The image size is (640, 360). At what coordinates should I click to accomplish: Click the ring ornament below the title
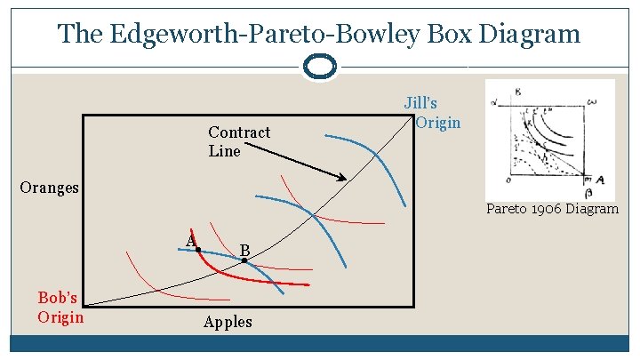pyautogui.click(x=318, y=67)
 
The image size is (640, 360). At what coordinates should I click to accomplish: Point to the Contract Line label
pyautogui.click(x=238, y=141)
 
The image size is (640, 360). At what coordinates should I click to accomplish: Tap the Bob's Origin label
pyautogui.click(x=60, y=307)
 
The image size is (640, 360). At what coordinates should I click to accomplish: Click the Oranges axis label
pyautogui.click(x=49, y=188)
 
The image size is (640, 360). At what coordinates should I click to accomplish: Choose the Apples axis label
pyautogui.click(x=228, y=322)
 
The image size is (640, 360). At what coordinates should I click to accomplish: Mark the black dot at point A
pyautogui.click(x=198, y=251)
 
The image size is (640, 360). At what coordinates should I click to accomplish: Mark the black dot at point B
pyautogui.click(x=244, y=260)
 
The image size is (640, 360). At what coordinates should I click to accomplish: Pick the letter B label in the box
pyautogui.click(x=244, y=250)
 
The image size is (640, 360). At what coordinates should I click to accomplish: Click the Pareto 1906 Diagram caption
pyautogui.click(x=551, y=209)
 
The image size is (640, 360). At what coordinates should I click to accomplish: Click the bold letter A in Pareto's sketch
pyautogui.click(x=600, y=180)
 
